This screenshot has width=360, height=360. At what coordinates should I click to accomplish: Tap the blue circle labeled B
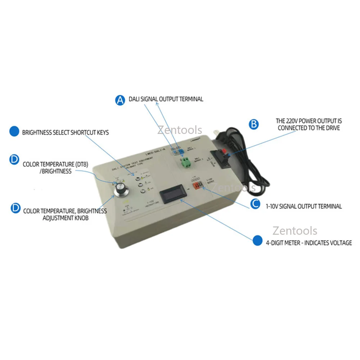pos(254,124)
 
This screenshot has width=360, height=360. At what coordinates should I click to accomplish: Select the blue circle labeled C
pos(255,204)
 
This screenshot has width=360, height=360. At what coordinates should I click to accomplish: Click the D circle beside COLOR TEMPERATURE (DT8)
pos(14,160)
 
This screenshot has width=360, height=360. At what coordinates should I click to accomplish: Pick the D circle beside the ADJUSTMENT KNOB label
pos(15,208)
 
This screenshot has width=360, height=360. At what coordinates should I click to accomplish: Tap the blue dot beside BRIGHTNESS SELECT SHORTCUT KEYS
pos(14,131)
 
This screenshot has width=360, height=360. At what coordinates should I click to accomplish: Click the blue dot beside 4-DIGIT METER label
pos(257,240)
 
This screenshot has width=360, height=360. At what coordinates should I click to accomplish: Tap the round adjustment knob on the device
pos(120,190)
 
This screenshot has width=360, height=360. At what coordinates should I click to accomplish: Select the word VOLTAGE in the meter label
pos(338,243)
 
